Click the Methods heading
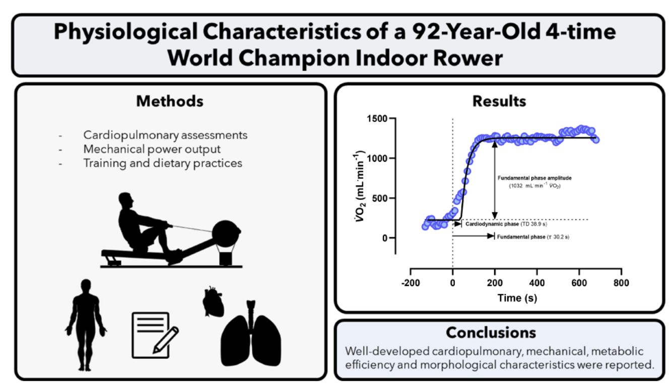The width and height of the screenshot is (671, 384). coord(170,101)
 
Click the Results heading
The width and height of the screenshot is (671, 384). coord(499,101)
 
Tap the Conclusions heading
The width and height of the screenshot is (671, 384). coord(491,333)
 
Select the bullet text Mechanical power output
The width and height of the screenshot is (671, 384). coord(152,149)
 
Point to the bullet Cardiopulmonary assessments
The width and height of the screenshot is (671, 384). coord(165,135)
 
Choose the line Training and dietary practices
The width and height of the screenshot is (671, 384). coord(163,163)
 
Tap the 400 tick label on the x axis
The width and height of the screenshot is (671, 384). coord(537,283)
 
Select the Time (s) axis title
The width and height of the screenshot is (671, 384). coord(517,298)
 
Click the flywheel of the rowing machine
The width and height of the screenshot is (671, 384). coord(227,233)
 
